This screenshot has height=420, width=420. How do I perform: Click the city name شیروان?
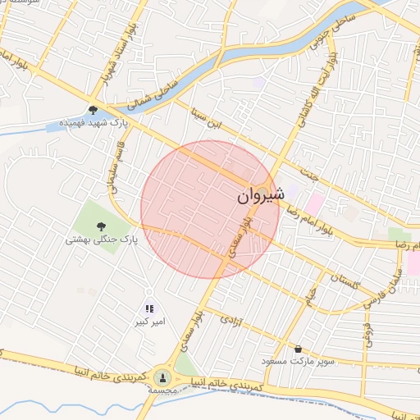(x=262, y=196)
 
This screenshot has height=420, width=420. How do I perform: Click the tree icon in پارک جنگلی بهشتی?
(x=102, y=226)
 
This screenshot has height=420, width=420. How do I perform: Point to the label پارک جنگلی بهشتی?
(x=102, y=240)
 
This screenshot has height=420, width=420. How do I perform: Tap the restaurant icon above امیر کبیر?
(x=149, y=308)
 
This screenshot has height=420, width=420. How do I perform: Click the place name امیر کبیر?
(x=150, y=322)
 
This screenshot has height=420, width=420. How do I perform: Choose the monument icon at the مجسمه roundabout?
(x=161, y=377)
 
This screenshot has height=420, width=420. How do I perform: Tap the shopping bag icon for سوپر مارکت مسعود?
(x=297, y=349)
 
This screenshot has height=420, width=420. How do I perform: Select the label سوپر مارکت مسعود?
(x=292, y=361)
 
